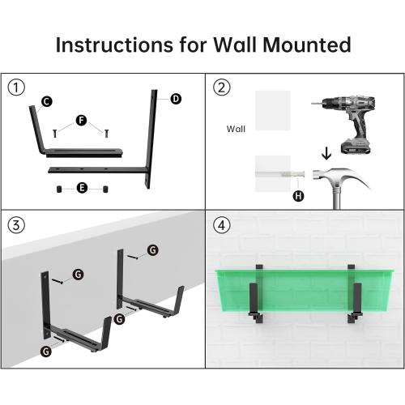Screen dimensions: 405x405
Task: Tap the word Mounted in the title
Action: pyautogui.click(x=307, y=44)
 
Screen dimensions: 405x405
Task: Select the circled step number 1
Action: pyautogui.click(x=15, y=87)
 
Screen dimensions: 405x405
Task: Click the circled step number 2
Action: pyautogui.click(x=221, y=87)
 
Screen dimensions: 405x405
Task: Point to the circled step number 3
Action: pyautogui.click(x=15, y=223)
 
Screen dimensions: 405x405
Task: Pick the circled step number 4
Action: pyautogui.click(x=221, y=223)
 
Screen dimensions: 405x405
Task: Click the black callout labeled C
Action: pyautogui.click(x=46, y=101)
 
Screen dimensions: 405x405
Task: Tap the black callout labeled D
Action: pyautogui.click(x=175, y=98)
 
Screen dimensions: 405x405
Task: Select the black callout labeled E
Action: pyautogui.click(x=81, y=188)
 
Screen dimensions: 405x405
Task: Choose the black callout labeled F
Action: pyautogui.click(x=80, y=121)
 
